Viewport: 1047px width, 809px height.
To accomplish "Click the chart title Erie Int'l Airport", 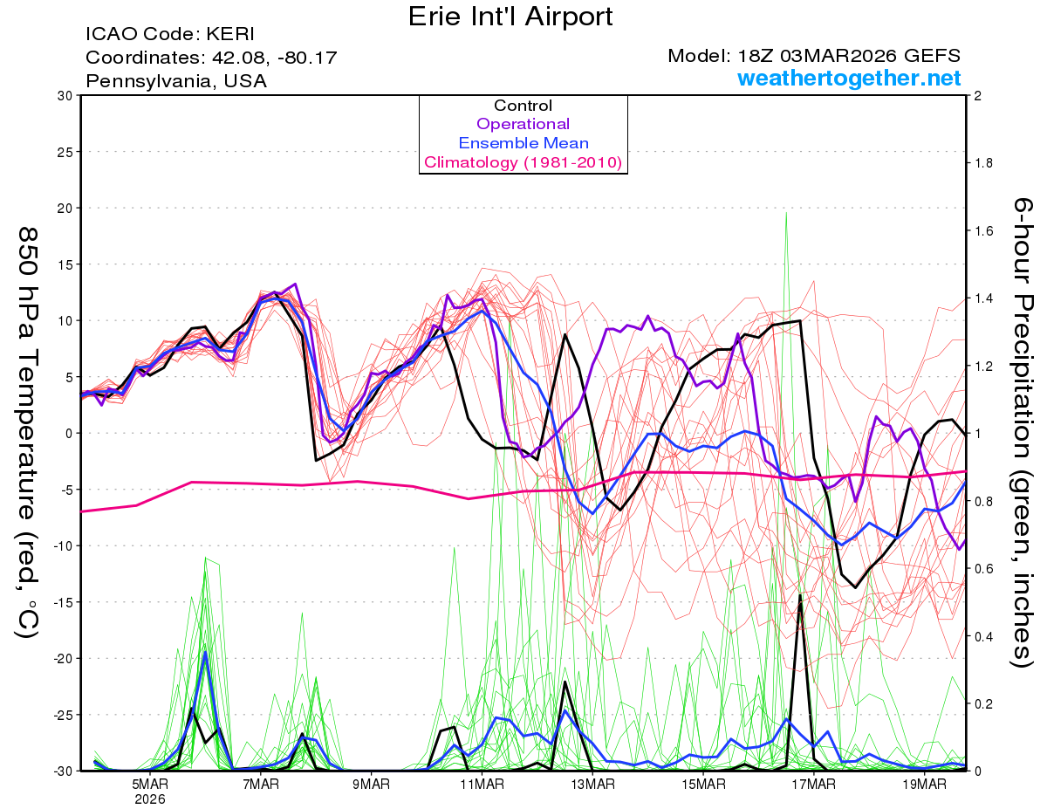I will pos(510,17).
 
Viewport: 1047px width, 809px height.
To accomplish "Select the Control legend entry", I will pos(523,106).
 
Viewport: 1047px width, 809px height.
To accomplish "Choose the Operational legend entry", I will pos(523,124).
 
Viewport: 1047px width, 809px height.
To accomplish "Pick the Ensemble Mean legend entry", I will pos(523,143).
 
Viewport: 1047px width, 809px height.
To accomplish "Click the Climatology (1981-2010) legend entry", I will pos(523,162).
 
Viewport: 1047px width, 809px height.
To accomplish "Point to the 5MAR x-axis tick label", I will pos(150,784).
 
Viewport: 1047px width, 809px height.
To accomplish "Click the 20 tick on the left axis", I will pos(64,208).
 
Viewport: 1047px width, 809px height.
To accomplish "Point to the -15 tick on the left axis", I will pos(61,602).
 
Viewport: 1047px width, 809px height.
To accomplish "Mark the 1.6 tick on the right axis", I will pos(984,230).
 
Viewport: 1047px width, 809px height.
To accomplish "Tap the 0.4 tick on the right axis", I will pos(984,636).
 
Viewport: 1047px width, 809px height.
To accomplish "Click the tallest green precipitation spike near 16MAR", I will pos(786,215).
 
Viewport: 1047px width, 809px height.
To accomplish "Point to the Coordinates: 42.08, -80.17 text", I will pos(211,58).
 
